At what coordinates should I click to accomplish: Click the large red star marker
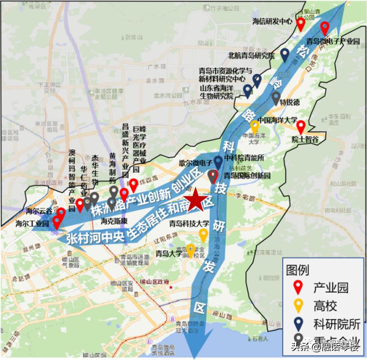tap(196, 199)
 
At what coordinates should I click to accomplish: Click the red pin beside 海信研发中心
tap(301, 24)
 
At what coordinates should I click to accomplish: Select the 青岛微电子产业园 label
tap(333, 41)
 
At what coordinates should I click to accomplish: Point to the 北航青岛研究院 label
tap(251, 55)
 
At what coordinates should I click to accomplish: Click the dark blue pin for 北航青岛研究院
tap(285, 54)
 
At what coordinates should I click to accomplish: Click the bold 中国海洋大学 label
tap(277, 120)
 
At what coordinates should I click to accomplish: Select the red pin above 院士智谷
tap(301, 127)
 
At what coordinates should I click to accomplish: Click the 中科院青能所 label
tap(245, 158)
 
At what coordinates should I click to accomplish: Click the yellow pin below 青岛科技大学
tap(204, 235)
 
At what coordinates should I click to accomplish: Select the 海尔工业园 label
tap(32, 223)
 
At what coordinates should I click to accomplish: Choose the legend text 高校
tap(325, 305)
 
